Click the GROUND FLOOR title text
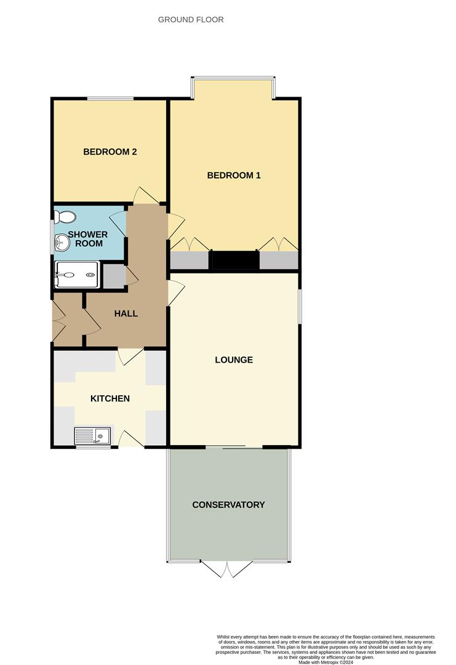tap(191, 20)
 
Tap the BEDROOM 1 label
tap(233, 175)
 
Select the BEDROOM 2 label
tap(110, 152)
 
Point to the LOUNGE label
tap(234, 360)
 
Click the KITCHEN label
tap(110, 398)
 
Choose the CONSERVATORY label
tap(228, 505)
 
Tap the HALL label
tap(126, 313)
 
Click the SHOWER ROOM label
tap(88, 239)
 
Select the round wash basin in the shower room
tap(62, 243)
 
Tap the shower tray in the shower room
tap(77, 275)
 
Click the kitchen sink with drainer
tap(92, 435)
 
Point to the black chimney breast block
tap(234, 260)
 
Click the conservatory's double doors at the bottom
tap(227, 569)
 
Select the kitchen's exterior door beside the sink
tap(131, 439)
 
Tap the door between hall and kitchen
tap(130, 357)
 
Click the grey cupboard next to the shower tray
tap(114, 276)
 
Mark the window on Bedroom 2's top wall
tap(111, 99)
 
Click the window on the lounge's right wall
tap(300, 306)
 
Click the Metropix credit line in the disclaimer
tap(326, 662)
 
